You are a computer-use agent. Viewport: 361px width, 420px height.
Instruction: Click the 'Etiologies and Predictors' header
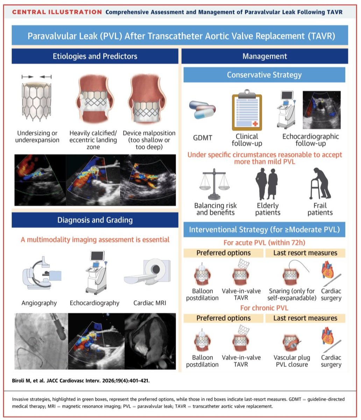(x=95, y=56)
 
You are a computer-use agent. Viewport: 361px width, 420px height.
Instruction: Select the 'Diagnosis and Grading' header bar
(x=95, y=220)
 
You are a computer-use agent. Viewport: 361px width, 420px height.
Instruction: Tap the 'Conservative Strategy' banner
(x=264, y=75)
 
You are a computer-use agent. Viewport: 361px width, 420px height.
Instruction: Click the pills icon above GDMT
(x=202, y=110)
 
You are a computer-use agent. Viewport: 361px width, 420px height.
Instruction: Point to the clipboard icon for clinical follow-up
(x=247, y=110)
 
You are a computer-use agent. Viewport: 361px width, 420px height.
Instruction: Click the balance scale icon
(x=214, y=184)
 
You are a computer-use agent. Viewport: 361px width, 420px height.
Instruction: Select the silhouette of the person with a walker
(x=320, y=183)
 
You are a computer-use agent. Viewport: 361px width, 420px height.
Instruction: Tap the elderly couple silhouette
(x=267, y=184)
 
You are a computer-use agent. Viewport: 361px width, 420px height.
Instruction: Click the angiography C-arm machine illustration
(x=42, y=273)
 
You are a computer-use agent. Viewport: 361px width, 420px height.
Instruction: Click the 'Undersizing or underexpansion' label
(x=37, y=136)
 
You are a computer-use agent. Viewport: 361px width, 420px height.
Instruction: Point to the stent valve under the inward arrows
(x=36, y=101)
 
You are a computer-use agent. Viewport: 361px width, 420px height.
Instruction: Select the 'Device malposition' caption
(x=149, y=133)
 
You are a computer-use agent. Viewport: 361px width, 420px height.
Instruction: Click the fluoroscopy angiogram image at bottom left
(x=41, y=341)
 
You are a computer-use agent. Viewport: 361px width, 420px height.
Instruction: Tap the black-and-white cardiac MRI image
(x=150, y=341)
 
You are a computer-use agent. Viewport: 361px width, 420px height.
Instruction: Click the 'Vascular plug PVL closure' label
(x=292, y=361)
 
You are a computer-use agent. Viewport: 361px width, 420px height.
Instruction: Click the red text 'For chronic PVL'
(x=264, y=308)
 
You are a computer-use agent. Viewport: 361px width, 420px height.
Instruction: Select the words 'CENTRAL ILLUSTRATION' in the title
(x=57, y=12)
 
